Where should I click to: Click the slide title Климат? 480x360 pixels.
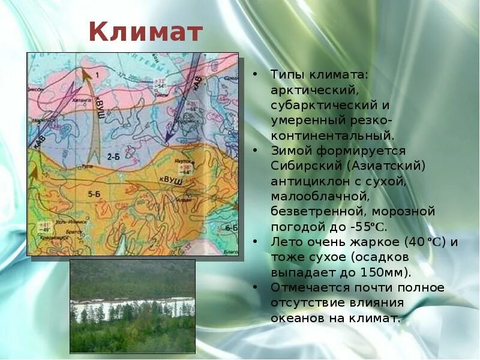[x=146, y=32]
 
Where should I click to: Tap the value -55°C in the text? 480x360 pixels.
[x=368, y=227]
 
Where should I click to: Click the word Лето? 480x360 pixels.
[x=284, y=242]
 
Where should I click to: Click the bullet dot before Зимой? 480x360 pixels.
[x=256, y=151]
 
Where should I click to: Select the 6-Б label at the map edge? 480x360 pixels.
[x=232, y=228]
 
